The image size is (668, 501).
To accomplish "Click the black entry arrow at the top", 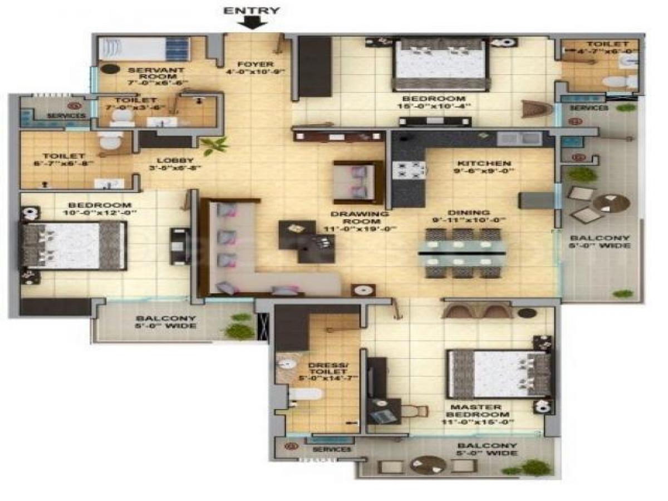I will tap(252, 22).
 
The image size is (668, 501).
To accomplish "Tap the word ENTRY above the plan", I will tap(252, 10).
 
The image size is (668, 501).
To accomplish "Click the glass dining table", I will tap(462, 253).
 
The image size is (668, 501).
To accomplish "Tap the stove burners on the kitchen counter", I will tap(410, 170).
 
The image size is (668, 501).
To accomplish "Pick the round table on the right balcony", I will tap(611, 202).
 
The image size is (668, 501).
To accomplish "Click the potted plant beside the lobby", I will tap(214, 146).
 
